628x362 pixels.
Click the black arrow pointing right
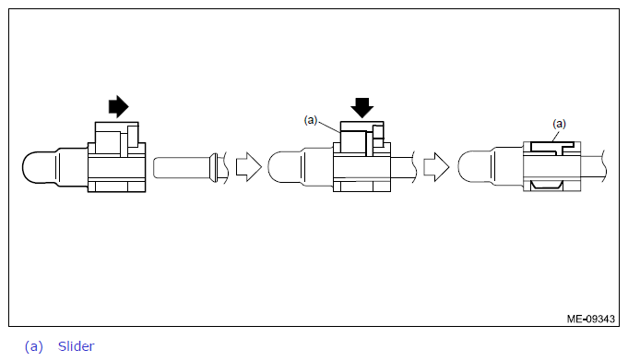[x=119, y=106]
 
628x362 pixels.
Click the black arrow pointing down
[x=362, y=107]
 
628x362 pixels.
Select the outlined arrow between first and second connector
[x=249, y=166]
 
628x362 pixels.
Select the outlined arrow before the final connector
[x=436, y=166]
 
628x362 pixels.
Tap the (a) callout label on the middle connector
[x=311, y=120]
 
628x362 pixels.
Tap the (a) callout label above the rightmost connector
[x=559, y=124]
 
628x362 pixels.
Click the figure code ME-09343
[x=591, y=320]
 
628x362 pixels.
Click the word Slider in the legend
[x=77, y=346]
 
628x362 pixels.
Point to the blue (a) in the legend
[x=33, y=346]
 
